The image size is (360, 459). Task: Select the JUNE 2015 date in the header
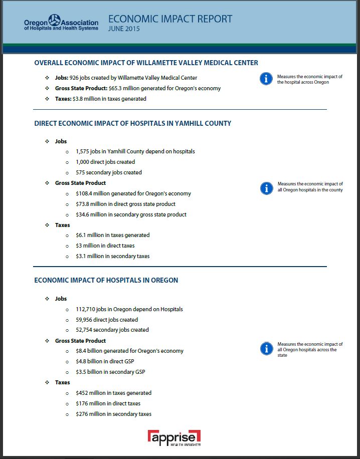coord(124,29)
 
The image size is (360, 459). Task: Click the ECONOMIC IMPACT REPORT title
coord(170,19)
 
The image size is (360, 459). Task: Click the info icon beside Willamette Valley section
coord(266,79)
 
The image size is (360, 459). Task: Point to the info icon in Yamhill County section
coord(266,188)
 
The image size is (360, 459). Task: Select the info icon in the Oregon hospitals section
coord(266,349)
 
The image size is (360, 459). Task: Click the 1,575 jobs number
coord(83,151)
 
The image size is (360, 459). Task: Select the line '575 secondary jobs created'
coord(109,172)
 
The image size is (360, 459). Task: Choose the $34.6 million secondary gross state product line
coord(131,214)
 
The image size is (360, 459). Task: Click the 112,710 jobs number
coord(86,309)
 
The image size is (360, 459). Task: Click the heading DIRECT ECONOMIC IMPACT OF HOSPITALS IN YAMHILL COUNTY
coord(132,123)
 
